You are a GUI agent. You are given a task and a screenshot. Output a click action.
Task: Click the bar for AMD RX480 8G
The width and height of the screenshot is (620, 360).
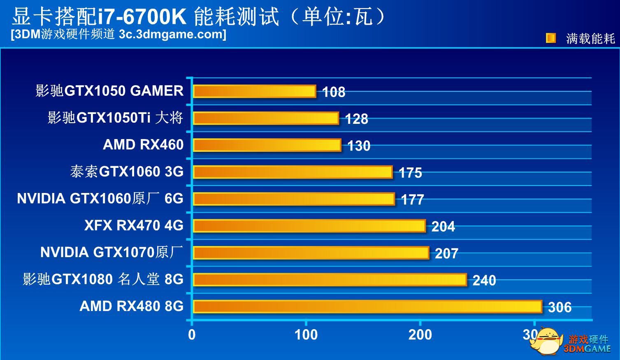tap(367, 307)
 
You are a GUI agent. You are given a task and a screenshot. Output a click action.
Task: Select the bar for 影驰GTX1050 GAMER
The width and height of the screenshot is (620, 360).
tap(254, 91)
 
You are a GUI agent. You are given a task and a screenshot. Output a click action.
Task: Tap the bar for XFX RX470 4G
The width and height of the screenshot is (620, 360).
tap(309, 226)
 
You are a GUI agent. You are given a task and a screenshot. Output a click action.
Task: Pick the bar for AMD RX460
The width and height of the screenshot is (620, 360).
tap(267, 145)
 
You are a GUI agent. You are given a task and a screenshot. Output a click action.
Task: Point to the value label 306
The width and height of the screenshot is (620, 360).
tap(560, 307)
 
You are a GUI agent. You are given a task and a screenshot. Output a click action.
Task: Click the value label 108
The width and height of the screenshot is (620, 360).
tap(333, 92)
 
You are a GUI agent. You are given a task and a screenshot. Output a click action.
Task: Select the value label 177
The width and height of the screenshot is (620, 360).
tap(412, 200)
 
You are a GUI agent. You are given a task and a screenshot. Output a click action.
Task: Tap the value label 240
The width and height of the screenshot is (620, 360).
tap(484, 281)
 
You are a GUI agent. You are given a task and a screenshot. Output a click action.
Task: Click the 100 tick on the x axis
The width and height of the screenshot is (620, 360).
tap(306, 335)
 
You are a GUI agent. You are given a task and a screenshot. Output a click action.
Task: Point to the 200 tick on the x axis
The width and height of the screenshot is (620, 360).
tap(420, 335)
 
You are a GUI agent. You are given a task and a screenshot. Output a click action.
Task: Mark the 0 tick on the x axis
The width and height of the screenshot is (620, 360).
tap(192, 335)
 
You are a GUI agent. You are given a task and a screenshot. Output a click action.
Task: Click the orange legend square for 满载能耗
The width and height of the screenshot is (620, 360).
tap(550, 38)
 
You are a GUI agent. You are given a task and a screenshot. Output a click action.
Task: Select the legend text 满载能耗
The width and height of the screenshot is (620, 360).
tap(590, 39)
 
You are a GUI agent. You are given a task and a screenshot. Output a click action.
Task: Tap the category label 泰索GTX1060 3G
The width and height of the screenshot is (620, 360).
tap(127, 172)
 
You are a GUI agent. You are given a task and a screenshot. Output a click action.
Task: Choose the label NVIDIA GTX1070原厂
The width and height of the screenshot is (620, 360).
tap(111, 252)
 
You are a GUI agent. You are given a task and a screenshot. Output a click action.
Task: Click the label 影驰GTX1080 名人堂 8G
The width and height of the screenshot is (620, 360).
tap(103, 279)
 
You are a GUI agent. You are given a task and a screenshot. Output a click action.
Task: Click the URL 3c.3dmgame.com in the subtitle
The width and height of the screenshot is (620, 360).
tap(172, 34)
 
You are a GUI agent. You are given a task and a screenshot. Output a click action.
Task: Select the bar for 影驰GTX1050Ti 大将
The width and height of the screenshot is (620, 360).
tap(266, 118)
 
